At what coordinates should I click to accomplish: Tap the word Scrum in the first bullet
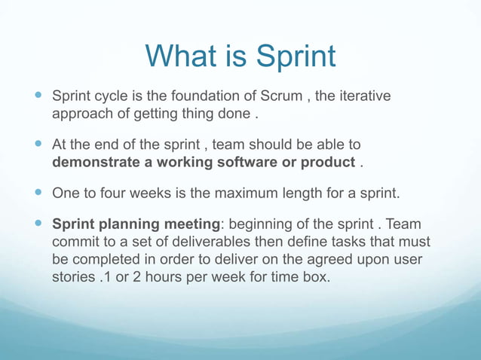pos(280,96)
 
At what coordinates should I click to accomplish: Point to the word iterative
pos(363,96)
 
